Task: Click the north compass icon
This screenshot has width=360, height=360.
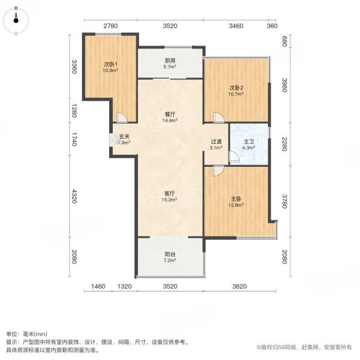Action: coord(16,20)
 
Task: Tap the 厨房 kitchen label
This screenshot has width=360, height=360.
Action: coord(170,61)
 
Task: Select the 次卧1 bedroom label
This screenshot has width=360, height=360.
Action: coord(110,64)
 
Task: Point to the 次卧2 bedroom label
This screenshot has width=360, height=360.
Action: coord(236,88)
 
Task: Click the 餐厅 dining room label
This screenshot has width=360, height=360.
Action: coord(170,114)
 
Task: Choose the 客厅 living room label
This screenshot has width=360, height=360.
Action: coord(170,194)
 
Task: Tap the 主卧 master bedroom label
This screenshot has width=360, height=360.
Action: coord(236,199)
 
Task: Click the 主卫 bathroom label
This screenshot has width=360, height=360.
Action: coord(248,142)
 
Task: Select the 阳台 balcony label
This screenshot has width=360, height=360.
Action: coord(170,254)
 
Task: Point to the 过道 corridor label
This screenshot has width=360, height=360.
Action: coord(216,142)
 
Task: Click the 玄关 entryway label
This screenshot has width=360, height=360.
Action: coord(124,137)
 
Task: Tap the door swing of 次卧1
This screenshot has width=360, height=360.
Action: coord(122,118)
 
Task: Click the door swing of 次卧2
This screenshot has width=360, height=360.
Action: coord(219,118)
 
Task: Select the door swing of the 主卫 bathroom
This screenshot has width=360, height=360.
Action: coord(234,157)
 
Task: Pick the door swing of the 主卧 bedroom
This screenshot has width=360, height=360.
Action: coord(218,170)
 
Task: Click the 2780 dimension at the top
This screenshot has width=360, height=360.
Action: coord(110,26)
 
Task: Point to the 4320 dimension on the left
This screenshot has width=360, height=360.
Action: coord(74,196)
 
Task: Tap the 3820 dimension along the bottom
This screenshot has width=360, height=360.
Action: coord(239,286)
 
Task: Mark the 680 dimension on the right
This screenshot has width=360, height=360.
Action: coord(284,41)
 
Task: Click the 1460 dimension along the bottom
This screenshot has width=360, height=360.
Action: coord(98,286)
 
